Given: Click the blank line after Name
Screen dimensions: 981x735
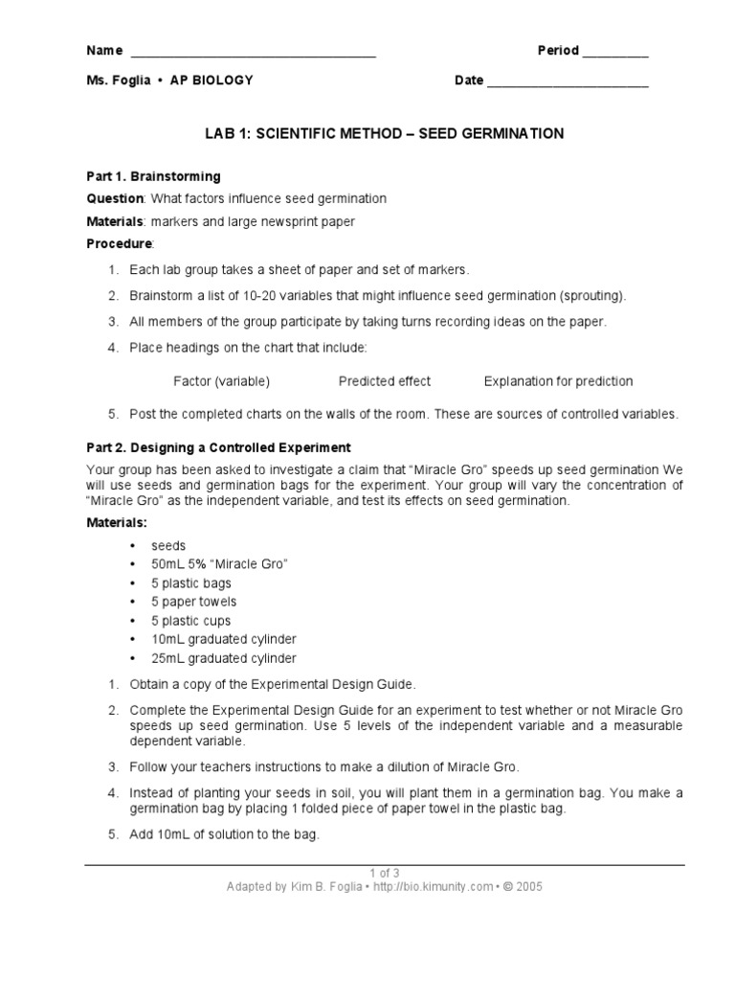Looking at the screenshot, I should [253, 54].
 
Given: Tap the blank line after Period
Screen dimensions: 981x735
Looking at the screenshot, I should [615, 54].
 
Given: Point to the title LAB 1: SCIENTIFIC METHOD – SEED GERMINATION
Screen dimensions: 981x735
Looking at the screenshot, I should [385, 134].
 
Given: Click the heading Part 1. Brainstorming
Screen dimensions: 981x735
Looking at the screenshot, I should [154, 177].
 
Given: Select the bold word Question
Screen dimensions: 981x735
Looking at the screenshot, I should [115, 198].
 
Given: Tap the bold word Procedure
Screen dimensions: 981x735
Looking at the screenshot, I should [119, 244].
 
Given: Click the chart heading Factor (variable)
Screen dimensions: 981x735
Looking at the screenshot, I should [221, 381].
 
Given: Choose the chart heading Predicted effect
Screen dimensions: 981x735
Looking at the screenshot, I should [385, 381].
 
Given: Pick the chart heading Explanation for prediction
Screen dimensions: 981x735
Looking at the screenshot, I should [558, 381].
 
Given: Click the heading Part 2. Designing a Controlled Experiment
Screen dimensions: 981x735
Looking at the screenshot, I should [219, 447].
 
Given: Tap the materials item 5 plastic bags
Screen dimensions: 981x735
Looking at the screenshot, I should [191, 583].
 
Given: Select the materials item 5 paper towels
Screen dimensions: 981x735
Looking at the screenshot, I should [193, 602].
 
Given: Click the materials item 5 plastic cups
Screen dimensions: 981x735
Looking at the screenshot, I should [190, 621].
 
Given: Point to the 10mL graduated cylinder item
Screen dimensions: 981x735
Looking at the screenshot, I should [223, 639].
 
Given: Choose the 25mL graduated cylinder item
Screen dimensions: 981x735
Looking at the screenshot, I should [223, 658].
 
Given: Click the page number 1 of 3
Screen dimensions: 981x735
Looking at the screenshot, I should [385, 872].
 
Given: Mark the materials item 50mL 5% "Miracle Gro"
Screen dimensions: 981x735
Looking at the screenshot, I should [219, 564].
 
